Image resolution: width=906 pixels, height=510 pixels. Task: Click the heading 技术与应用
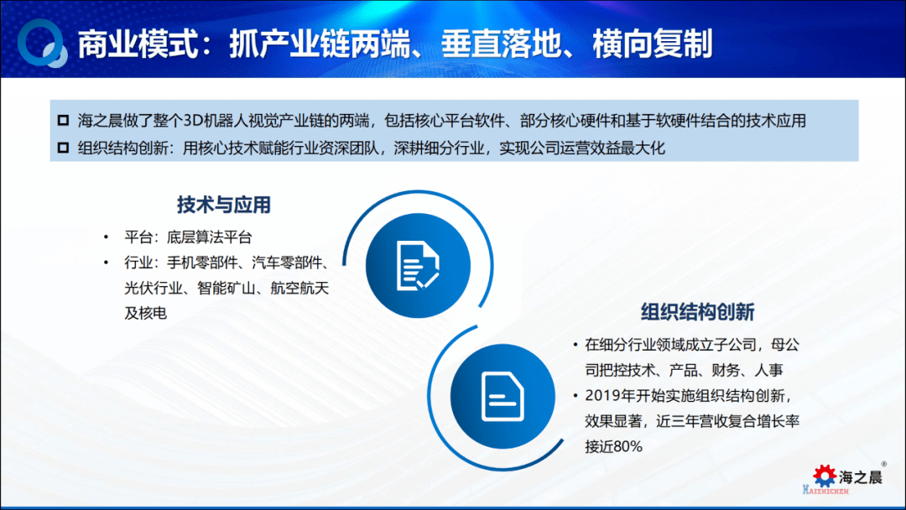[x=224, y=205]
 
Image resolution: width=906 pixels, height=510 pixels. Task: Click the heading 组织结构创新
[x=697, y=312]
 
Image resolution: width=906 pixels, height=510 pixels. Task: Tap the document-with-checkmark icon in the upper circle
[x=418, y=266]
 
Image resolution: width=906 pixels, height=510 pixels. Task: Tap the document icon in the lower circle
[x=502, y=397]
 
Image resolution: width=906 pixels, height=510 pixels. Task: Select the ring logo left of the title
[x=42, y=43]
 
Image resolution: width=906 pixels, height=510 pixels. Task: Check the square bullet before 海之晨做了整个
[x=63, y=120]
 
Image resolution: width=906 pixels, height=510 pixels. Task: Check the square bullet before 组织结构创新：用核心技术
[x=63, y=148]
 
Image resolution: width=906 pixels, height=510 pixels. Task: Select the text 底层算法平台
[x=209, y=237]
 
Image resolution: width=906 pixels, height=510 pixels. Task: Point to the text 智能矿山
[x=226, y=288]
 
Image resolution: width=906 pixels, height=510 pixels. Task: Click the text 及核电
[x=146, y=313]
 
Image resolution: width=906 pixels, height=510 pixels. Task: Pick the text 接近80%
[x=613, y=446]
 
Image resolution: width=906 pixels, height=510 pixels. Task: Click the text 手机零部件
[x=203, y=263]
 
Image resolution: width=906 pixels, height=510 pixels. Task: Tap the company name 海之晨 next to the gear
[x=861, y=477]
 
